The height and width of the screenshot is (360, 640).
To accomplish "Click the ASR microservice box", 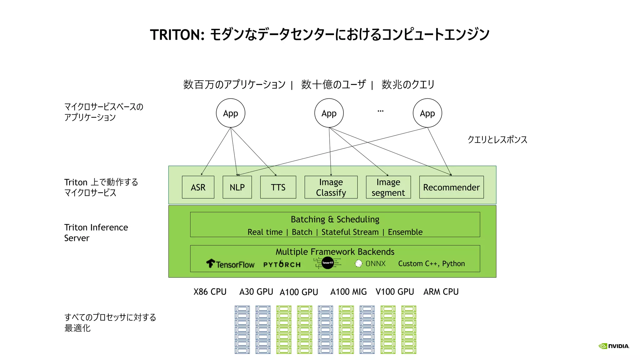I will (x=198, y=187).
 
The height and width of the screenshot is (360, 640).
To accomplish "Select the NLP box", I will (x=237, y=187).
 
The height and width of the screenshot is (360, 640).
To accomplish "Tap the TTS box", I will (x=278, y=187).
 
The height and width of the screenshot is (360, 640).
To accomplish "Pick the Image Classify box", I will (x=331, y=187).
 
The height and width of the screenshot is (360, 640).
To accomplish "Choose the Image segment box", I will (x=388, y=187).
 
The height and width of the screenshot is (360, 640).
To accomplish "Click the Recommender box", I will (x=451, y=187).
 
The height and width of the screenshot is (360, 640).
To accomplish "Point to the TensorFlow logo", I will (x=231, y=264).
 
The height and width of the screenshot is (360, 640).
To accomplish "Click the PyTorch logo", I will (x=282, y=264).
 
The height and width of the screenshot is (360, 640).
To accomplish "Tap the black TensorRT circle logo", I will (x=327, y=263).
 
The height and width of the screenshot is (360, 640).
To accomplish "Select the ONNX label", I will (x=375, y=263).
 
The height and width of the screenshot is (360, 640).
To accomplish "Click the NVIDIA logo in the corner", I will (x=614, y=346).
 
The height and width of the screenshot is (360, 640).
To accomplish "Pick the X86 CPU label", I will (x=210, y=292).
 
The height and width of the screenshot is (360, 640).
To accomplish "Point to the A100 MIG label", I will (x=348, y=292).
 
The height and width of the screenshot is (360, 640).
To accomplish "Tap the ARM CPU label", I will (x=441, y=292).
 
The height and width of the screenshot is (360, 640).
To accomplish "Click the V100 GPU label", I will (x=395, y=292).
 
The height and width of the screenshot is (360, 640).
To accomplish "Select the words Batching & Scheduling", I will (x=335, y=219).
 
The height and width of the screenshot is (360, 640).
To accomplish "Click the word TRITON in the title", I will (x=177, y=35).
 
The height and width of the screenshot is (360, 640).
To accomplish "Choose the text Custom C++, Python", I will (x=431, y=263).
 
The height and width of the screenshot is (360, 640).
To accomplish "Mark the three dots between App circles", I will (x=380, y=111).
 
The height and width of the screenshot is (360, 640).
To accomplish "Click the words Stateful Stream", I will (x=350, y=232).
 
